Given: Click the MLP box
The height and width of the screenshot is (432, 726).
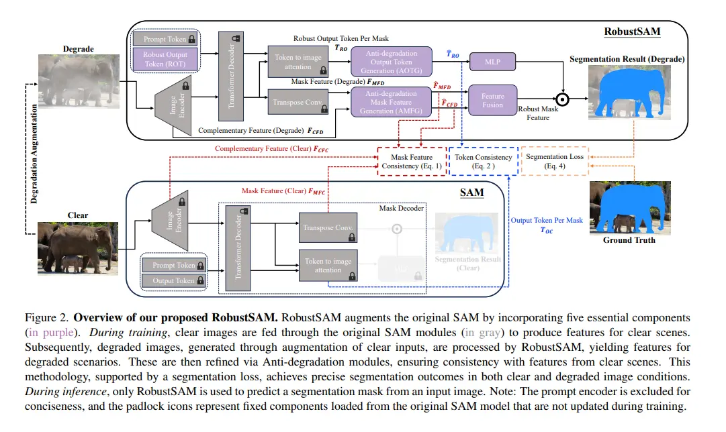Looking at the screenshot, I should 493,62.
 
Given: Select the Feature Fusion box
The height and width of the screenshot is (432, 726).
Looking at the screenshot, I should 492,101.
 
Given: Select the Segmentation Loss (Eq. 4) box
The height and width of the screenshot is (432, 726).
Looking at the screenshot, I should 554,161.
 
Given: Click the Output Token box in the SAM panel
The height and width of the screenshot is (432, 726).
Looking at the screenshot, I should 173,281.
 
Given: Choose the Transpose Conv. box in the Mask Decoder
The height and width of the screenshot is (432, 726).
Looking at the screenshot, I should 327,228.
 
